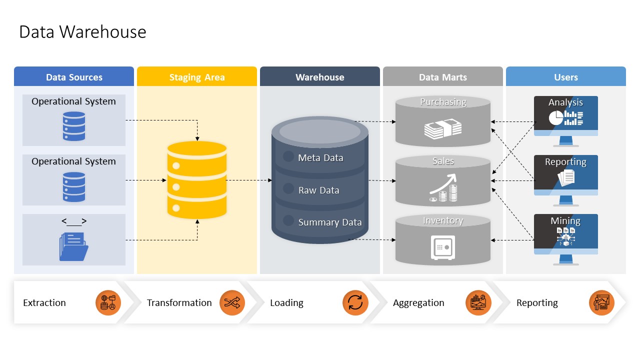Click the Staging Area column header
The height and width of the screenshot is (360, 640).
197,76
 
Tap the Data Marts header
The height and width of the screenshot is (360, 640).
443,76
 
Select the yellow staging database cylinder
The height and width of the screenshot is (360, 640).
197,180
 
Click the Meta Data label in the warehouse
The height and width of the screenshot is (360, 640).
320,157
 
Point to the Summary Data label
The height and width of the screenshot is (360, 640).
330,222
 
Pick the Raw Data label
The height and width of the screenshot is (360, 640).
319,190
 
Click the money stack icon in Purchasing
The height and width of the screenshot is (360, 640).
443,129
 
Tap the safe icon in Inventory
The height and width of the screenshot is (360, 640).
443,247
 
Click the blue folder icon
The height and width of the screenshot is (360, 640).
73,246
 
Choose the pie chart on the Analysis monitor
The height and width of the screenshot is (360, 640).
556,118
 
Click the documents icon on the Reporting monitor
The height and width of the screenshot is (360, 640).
566,177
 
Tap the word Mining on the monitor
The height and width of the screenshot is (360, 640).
565,220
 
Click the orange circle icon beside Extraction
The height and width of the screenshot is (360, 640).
108,302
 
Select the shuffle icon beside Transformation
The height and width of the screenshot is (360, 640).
232,302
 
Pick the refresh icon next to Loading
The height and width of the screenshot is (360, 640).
355,302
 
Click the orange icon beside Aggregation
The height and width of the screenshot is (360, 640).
478,302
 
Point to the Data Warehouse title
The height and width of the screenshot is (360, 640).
82,31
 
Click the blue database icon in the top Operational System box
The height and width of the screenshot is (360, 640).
74,126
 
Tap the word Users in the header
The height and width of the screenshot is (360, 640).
565,77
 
